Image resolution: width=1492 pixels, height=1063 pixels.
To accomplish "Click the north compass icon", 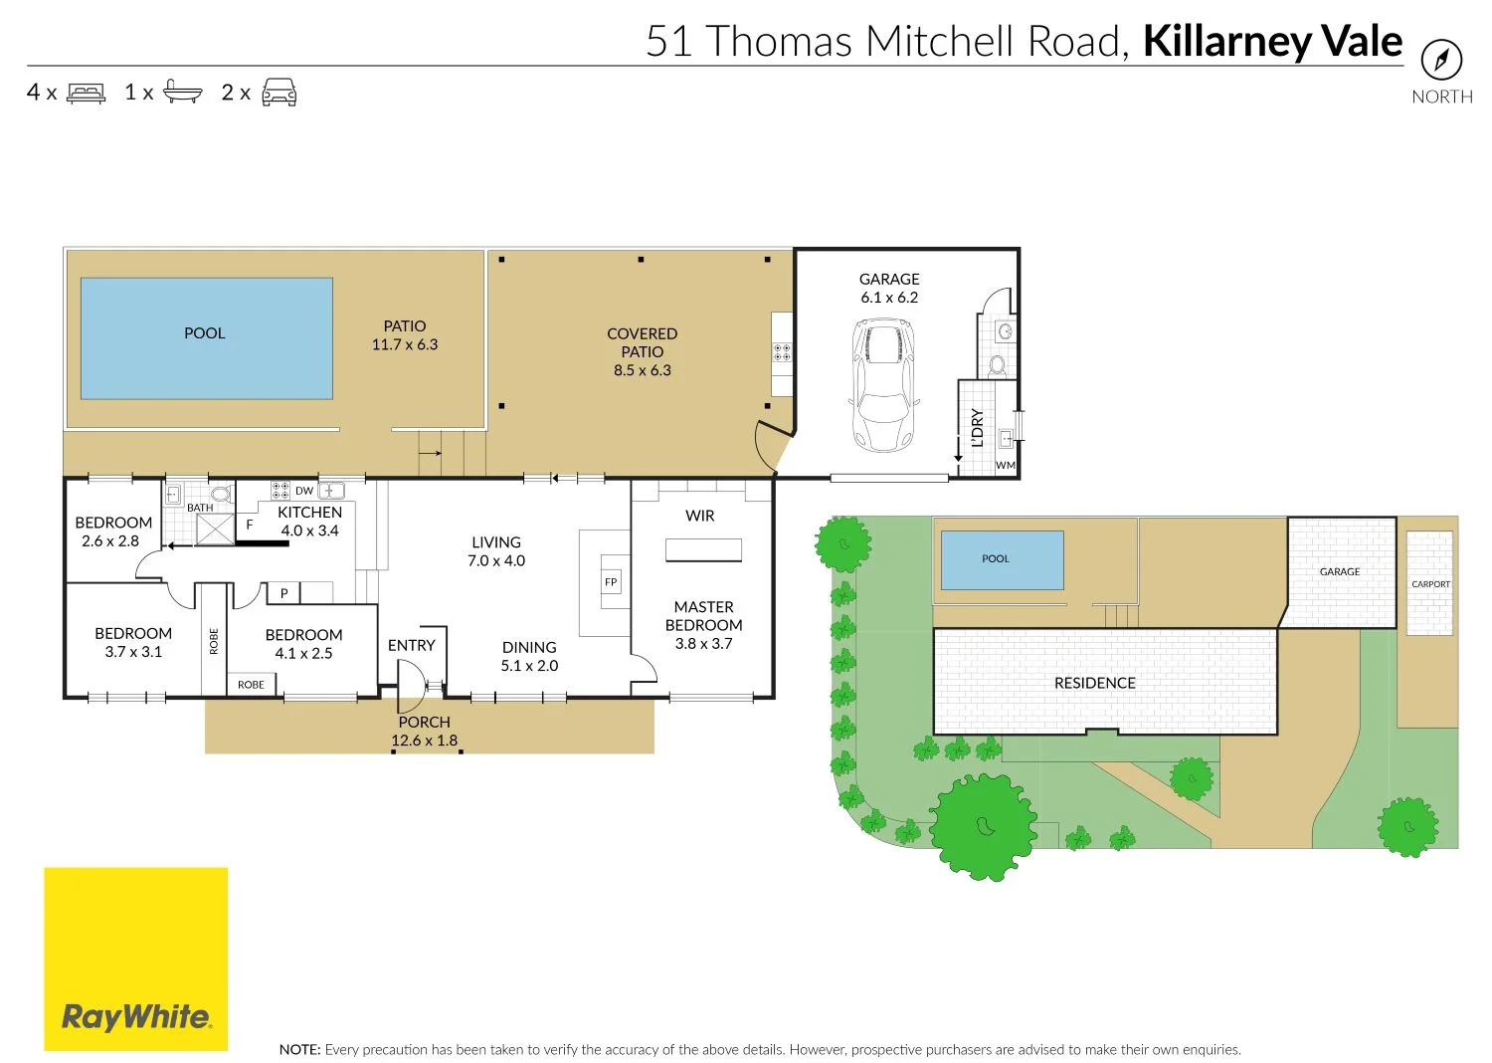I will point(1441,60).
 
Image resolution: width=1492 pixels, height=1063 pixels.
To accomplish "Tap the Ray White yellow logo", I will point(135,958).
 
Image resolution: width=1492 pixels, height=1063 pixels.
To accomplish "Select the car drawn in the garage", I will point(883,384).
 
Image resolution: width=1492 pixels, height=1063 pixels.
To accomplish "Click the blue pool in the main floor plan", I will point(206,338).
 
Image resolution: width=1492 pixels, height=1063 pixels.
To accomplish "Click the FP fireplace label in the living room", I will point(611,582).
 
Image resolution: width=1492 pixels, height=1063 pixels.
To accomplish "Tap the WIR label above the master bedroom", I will point(700,516).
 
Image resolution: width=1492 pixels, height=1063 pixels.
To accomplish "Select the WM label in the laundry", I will point(1006,465).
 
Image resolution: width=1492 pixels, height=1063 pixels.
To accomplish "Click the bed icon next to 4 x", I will point(87,94).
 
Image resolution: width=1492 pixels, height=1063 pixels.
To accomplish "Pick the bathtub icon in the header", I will point(183,93).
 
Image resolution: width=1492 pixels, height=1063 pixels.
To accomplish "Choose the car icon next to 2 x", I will point(279,93).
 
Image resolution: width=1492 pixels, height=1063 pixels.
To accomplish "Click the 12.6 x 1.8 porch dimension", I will point(425,741).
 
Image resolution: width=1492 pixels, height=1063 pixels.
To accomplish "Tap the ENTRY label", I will point(412,645).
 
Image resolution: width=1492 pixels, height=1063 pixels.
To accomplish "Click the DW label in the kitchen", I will point(304,491).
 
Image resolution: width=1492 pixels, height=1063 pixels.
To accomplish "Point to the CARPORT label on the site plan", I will point(1430,584).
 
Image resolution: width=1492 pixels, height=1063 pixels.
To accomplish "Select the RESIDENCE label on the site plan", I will point(1094,683).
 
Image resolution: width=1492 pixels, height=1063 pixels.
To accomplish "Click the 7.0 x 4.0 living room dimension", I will point(496,561).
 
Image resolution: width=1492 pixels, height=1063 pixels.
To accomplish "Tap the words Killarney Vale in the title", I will point(1272,42).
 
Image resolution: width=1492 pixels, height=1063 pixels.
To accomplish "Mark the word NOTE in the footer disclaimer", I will point(299,1049).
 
